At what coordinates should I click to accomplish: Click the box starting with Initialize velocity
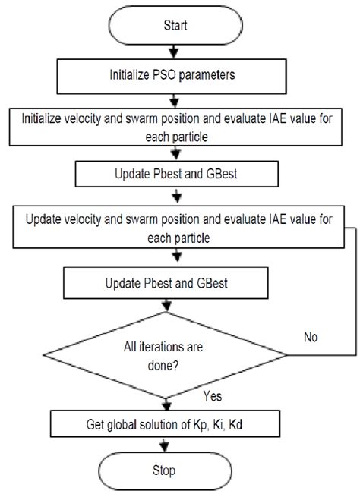(x=175, y=127)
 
